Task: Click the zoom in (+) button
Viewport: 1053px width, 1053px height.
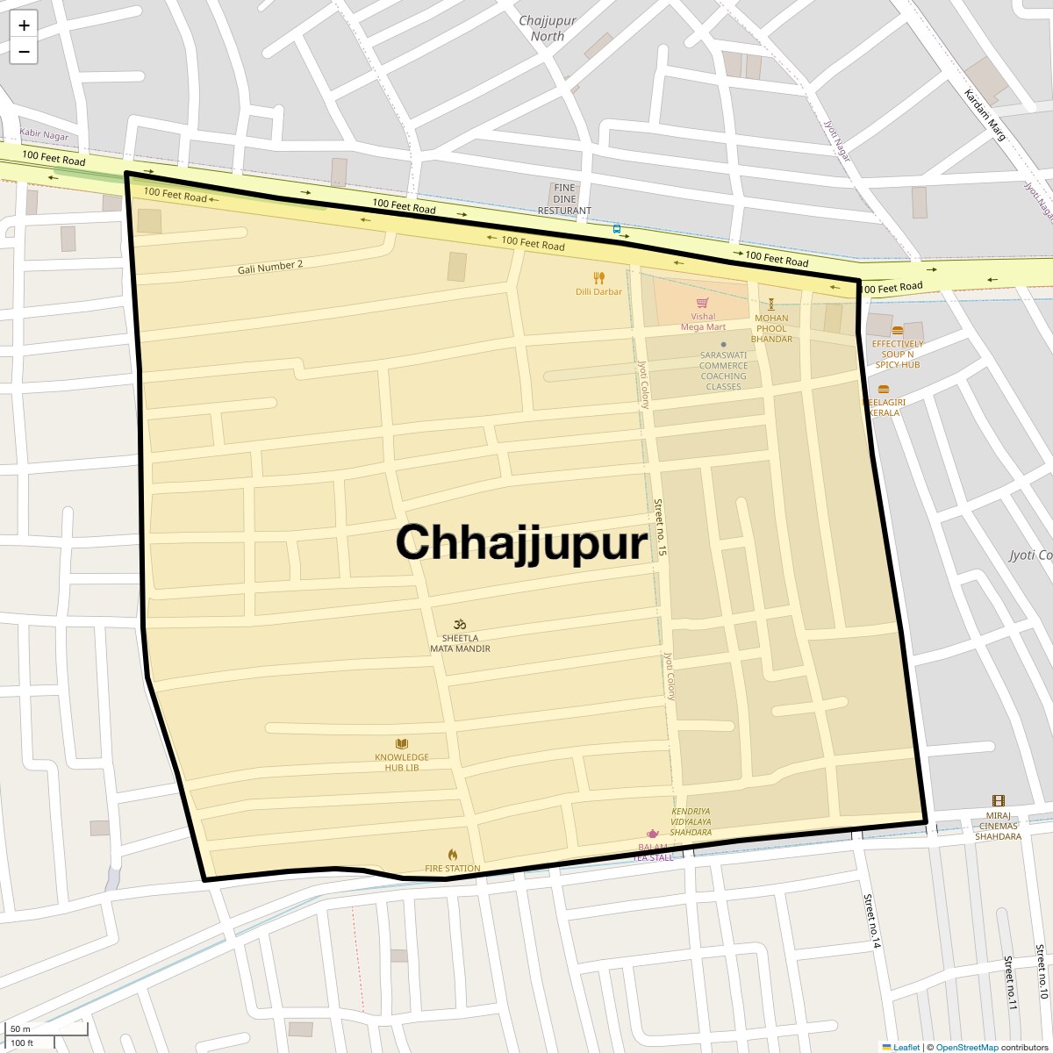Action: click(24, 25)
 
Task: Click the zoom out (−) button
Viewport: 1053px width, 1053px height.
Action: click(24, 52)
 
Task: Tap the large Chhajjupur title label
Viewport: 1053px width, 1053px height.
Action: click(521, 542)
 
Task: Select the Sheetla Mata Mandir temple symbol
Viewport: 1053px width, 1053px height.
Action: click(460, 624)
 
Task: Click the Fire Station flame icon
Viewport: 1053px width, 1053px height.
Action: click(453, 855)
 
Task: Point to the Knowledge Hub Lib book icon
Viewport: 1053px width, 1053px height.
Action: click(402, 744)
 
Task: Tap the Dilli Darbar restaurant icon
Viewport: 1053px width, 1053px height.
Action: click(599, 278)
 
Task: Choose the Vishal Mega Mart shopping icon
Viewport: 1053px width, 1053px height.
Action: click(703, 303)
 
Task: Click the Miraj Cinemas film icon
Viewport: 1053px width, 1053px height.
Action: click(998, 801)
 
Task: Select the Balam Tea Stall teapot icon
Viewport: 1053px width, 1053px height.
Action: click(653, 833)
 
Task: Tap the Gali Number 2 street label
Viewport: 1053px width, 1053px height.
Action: click(270, 267)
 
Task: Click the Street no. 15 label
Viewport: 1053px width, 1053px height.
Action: click(660, 526)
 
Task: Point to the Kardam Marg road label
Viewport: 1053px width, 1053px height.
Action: click(985, 115)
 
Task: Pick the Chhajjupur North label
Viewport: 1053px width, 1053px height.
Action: click(548, 28)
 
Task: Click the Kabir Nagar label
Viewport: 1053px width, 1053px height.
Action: click(44, 137)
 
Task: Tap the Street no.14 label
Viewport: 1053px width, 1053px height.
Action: click(870, 921)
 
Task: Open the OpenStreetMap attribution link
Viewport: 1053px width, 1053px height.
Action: click(966, 1047)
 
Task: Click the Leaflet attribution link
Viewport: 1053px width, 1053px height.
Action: click(906, 1047)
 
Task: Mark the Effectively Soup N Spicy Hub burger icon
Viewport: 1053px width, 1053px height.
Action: click(898, 331)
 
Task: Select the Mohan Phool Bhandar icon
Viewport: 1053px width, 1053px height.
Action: click(772, 304)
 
